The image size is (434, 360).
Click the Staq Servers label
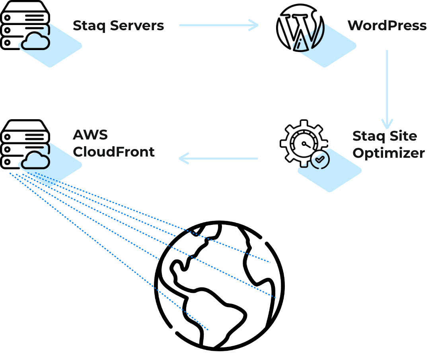coord(118,26)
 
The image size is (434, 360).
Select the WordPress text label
coord(387,26)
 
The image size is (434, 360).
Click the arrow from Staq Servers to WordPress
coord(219,25)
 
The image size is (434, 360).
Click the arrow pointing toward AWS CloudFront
coord(219,159)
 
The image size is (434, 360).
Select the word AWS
coord(90,135)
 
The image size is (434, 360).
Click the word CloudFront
coord(114,152)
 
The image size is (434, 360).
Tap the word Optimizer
coord(389,153)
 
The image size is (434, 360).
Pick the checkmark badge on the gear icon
coord(320,159)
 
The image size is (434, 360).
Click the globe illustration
coord(219,286)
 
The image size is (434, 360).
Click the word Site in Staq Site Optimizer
coord(403,136)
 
